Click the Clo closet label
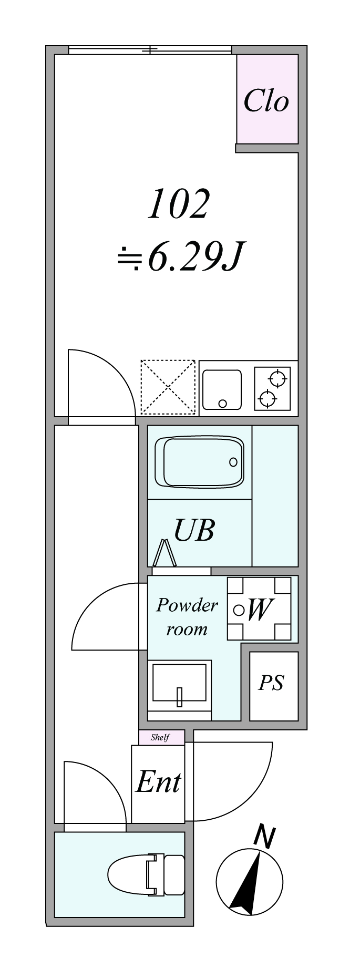[266, 100]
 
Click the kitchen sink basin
[222, 389]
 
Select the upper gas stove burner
[277, 378]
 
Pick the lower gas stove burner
[268, 398]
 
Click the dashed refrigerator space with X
[168, 387]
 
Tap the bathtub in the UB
[199, 462]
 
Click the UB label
[194, 531]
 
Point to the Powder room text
[187, 617]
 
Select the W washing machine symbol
[259, 609]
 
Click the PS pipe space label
[271, 683]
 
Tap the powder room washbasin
[180, 683]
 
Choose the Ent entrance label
[158, 782]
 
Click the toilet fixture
[147, 875]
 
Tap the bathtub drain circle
[233, 462]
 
